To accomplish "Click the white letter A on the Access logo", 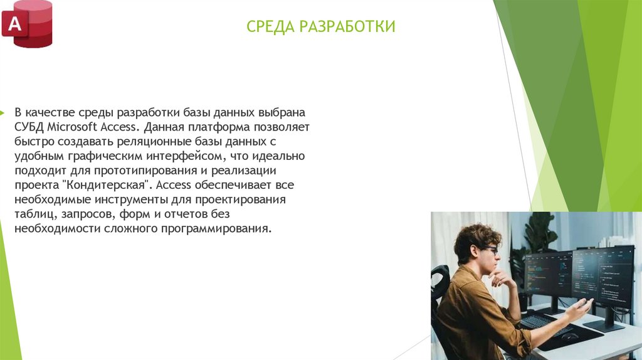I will pyautogui.click(x=14, y=24).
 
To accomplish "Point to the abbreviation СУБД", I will pyautogui.click(x=29, y=127).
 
